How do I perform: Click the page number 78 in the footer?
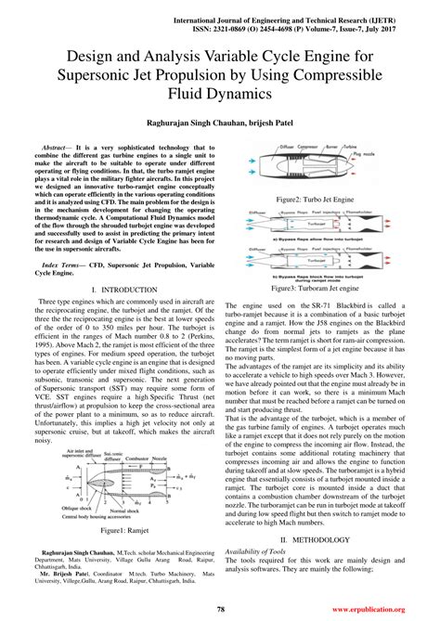tap(221, 609)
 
